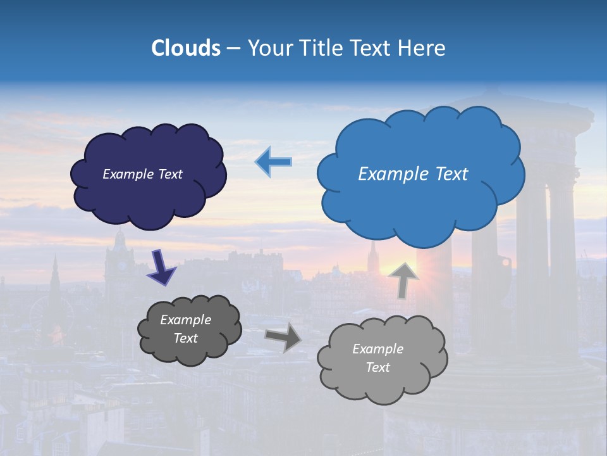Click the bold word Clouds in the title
click(186, 48)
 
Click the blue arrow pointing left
click(274, 161)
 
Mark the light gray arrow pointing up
click(403, 279)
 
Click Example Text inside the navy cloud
click(142, 174)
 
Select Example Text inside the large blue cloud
click(413, 174)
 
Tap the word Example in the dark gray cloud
click(185, 320)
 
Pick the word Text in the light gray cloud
click(377, 367)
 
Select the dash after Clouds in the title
click(233, 48)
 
